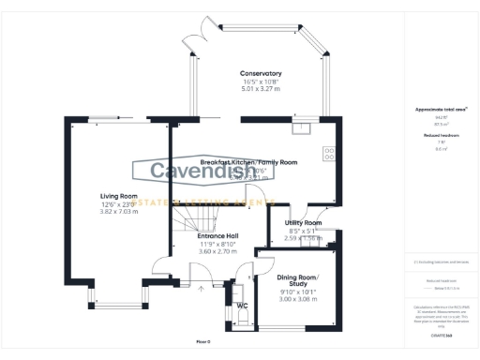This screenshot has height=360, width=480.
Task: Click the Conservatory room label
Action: [x=261, y=74]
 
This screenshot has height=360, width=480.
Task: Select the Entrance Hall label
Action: [x=217, y=235]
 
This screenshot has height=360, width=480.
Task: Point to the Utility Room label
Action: [x=303, y=223]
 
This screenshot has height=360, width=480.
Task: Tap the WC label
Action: [x=242, y=306]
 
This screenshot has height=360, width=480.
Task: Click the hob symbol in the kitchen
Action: [x=329, y=151]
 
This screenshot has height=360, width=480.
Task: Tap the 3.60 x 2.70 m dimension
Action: [x=217, y=251]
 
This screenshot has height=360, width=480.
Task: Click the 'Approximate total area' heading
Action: [x=442, y=110]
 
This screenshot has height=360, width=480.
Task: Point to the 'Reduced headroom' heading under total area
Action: [x=442, y=135]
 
